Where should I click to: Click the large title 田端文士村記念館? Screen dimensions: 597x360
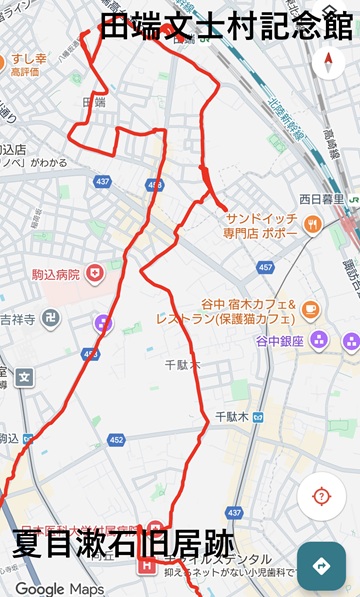point(227,25)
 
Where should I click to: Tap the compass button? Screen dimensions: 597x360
point(328,62)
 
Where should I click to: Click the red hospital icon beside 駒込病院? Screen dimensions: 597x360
point(95,271)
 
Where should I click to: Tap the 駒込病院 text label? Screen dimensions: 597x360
point(54,272)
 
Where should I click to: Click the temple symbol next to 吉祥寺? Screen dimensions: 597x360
point(51,318)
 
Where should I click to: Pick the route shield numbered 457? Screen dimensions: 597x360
point(265,268)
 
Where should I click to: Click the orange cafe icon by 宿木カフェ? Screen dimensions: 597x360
point(310,309)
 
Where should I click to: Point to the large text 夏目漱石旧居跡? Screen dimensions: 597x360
point(124,546)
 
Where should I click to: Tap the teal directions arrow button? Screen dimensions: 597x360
point(321,566)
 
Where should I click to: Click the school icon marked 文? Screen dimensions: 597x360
point(24,377)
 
